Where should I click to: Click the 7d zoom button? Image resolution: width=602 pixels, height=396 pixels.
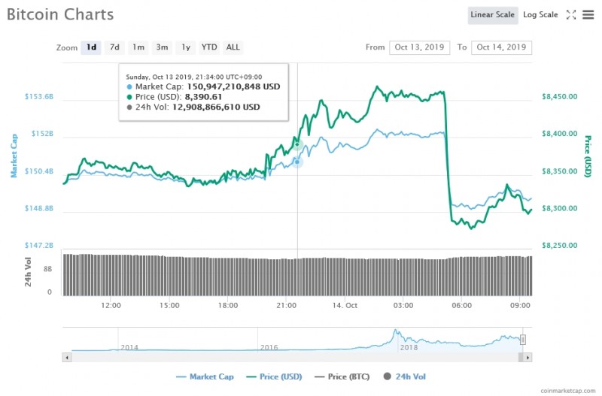point(114,47)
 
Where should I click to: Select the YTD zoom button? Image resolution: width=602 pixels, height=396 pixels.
point(209,47)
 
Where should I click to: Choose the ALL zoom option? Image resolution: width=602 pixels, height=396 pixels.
point(233,47)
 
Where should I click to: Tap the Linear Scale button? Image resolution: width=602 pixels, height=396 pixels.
point(492,15)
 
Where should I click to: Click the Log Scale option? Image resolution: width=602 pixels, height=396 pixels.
point(540,15)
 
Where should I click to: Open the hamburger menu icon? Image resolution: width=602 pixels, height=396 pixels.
point(588,15)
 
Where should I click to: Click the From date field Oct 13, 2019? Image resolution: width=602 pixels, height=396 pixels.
point(419,47)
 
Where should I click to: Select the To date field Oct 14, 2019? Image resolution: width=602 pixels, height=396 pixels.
point(501,47)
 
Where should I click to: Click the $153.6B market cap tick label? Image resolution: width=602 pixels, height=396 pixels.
point(39,97)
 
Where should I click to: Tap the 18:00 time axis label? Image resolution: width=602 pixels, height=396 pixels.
point(228,306)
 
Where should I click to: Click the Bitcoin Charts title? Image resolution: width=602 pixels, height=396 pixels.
point(60,15)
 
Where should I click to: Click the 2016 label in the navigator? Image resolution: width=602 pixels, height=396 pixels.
point(269,347)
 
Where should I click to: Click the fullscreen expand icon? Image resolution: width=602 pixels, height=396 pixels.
point(571,15)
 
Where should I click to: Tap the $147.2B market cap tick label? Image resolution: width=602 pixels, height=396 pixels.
point(39,246)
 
